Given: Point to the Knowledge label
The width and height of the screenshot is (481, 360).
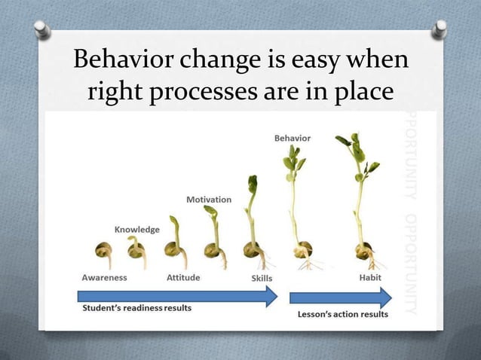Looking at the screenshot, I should tap(136, 229).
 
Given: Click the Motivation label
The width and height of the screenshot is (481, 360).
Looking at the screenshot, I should tap(209, 200).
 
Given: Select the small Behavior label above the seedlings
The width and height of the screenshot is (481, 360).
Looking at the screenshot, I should tap(291, 139).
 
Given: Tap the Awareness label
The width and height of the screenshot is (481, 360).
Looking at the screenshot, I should tap(104, 277).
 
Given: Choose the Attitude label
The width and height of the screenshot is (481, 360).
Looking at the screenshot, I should tap(182, 277).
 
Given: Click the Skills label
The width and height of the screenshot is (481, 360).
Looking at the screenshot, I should tap(261, 278).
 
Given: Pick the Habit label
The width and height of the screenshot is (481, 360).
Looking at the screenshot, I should tap(370, 277).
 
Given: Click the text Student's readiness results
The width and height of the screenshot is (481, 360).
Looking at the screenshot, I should tap(136, 308).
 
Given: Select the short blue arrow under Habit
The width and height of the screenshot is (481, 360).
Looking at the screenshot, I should tap(340, 297).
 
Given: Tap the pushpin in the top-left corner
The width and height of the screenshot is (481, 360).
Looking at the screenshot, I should tap(43, 29).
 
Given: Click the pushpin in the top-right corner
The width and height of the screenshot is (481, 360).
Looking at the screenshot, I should tap(438, 29).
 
